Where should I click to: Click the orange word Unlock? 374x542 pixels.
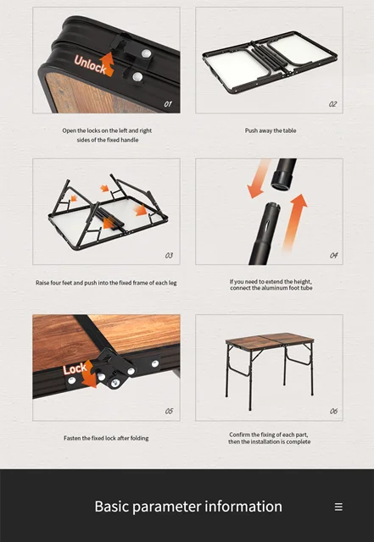90,64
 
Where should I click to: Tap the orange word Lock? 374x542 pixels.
75,369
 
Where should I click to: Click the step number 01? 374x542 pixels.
168,103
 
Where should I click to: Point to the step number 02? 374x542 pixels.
332,103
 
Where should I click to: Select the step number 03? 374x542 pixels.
169,256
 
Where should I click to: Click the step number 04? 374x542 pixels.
333,256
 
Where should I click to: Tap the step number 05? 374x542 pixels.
169,411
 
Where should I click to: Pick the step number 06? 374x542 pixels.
333,411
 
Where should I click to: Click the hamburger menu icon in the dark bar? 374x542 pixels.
338,506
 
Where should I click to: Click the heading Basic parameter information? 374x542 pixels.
188,506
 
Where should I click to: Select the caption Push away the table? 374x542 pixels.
271,130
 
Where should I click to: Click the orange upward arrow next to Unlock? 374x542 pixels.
108,64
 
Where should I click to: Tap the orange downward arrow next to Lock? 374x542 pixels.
89,374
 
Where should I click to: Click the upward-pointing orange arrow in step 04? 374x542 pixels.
294,222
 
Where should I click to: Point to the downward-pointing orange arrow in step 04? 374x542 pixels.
259,179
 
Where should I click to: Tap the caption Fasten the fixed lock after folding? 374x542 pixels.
106,438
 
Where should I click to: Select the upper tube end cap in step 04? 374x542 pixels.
282,180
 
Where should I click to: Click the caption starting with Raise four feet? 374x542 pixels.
106,283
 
